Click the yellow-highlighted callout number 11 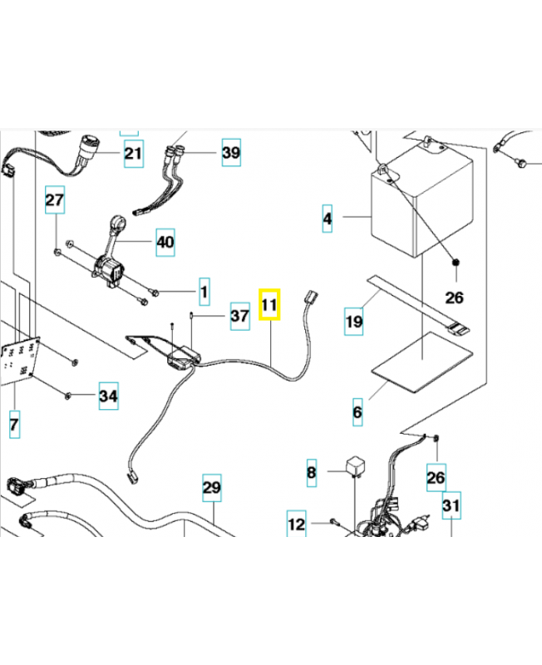pos(270,305)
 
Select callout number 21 pos(133,153)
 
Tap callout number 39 pos(230,152)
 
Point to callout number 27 pos(54,201)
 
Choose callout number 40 pos(165,243)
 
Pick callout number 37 pos(239,317)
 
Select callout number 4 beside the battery pos(328,219)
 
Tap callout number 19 pos(354,321)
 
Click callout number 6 pos(357,411)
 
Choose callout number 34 pos(108,397)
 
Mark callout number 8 pos(312,473)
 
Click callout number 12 pos(297,525)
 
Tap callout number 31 pos(451,505)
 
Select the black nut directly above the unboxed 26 pos(456,264)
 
